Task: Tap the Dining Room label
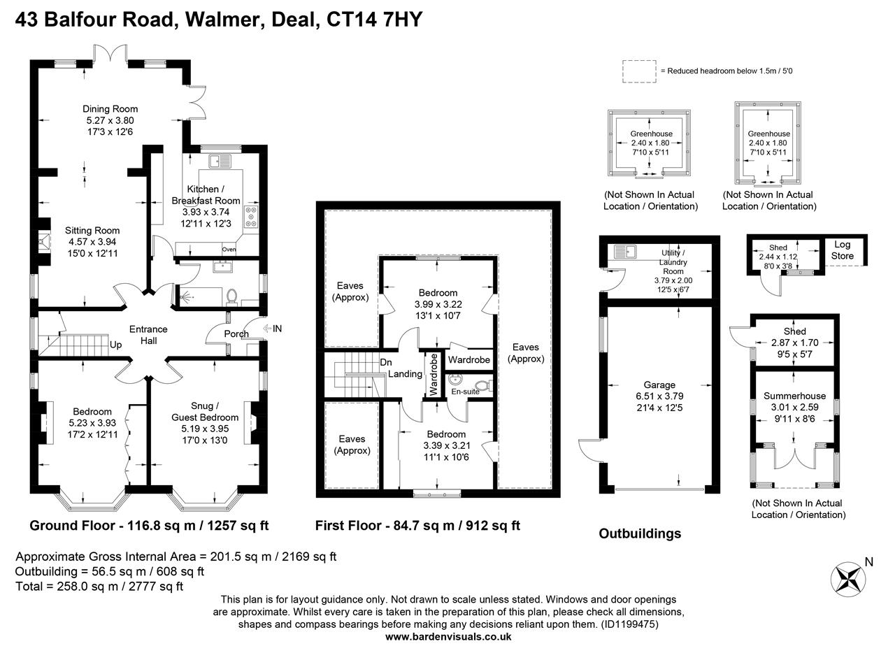pos(110,108)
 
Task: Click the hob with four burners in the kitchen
pos(251,216)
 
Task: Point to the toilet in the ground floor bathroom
pos(234,297)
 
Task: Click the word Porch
pos(236,333)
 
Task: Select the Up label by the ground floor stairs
pos(116,345)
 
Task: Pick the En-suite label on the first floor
pos(465,392)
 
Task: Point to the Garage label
pos(659,385)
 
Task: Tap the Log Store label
pos(843,250)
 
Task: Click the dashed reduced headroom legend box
pos(638,71)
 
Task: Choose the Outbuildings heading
pos(640,533)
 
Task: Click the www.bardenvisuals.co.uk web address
pos(448,637)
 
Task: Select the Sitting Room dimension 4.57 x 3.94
pos(92,242)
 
